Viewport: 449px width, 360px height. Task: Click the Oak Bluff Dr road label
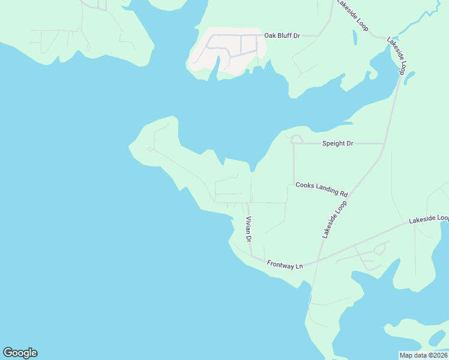point(283,36)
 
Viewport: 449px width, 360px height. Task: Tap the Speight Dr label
point(338,143)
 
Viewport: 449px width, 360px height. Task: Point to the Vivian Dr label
point(248,229)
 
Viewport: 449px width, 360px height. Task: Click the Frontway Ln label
point(285,264)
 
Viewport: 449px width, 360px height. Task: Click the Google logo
point(20,353)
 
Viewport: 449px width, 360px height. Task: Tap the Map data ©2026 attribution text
point(423,355)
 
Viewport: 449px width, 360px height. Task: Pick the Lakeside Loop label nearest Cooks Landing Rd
point(334,220)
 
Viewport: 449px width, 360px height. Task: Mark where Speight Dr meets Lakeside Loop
point(384,143)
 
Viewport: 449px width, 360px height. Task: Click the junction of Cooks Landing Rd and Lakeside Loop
point(349,196)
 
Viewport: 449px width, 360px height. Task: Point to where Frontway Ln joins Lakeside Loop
point(317,262)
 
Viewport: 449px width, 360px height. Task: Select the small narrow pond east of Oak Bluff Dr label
point(356,38)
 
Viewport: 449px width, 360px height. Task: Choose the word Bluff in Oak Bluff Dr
point(285,36)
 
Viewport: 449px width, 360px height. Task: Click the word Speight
point(334,143)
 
